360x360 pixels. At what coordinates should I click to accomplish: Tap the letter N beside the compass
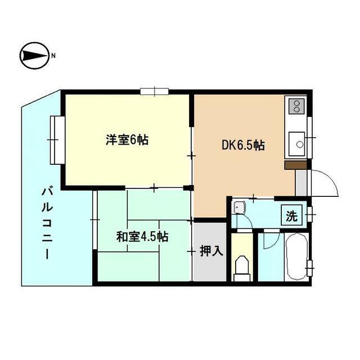54,55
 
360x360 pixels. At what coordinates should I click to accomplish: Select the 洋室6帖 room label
127,140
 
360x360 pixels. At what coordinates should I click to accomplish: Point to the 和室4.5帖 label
142,236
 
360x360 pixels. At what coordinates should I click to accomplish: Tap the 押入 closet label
211,251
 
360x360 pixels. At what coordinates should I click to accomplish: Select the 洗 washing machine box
292,215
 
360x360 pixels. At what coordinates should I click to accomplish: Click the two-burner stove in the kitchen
295,106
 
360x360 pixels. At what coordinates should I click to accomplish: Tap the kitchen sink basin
296,144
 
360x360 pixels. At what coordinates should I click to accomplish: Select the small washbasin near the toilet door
239,207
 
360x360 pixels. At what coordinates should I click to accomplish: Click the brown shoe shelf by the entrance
295,164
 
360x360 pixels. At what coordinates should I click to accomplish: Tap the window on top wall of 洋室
154,91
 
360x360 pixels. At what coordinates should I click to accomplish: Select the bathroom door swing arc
269,237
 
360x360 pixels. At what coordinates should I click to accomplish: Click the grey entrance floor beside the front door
301,182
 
